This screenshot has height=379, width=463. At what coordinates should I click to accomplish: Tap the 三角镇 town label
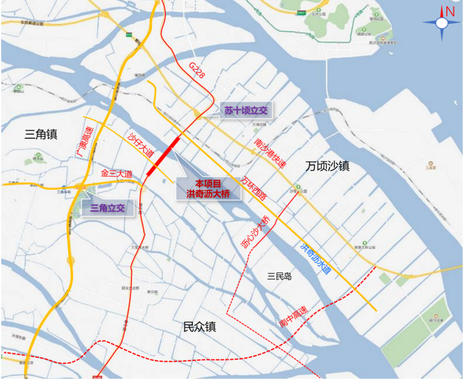[42, 134]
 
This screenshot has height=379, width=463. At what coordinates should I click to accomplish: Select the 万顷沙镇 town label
[328, 166]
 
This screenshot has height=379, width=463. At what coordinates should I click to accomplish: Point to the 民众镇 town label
[199, 327]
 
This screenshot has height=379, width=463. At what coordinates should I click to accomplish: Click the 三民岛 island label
[280, 276]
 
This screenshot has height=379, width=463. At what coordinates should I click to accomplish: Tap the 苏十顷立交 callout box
[246, 110]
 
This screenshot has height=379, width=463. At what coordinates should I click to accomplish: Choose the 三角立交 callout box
[108, 208]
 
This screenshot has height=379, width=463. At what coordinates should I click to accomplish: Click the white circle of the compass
[442, 23]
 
